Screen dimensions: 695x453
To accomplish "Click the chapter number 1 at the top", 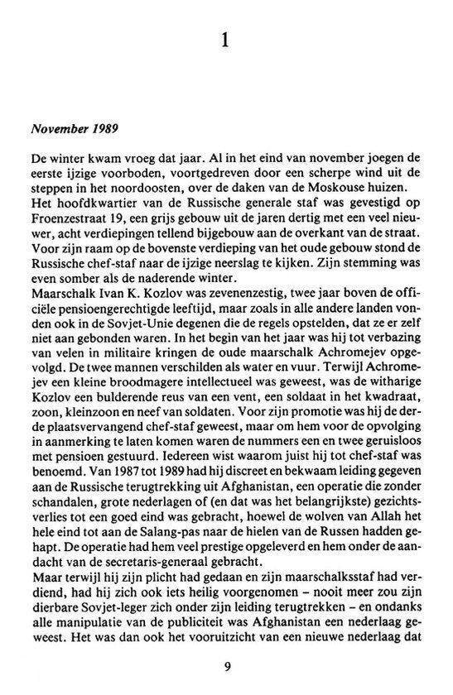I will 226,39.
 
